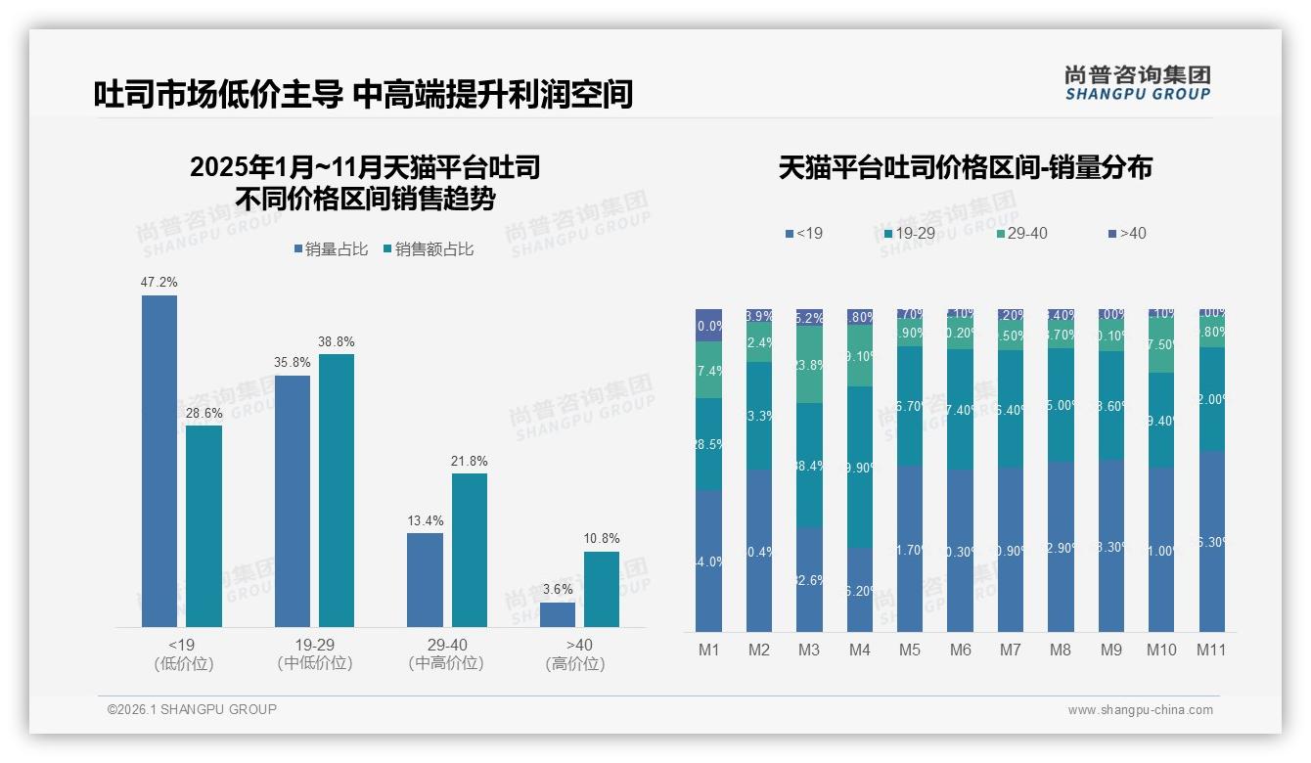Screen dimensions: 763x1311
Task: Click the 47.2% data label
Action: (x=159, y=283)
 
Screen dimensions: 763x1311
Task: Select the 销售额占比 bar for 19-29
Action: (x=337, y=490)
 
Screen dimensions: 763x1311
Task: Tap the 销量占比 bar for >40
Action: (x=558, y=614)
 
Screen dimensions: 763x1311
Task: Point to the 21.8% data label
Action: (x=470, y=461)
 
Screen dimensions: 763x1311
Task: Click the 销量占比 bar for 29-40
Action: (x=425, y=579)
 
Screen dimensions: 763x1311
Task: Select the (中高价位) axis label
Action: (x=447, y=663)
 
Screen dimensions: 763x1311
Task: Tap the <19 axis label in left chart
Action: (x=183, y=645)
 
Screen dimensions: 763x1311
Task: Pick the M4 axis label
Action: (x=859, y=650)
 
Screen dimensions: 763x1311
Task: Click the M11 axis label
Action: (x=1211, y=650)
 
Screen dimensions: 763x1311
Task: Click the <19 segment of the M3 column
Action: (x=809, y=579)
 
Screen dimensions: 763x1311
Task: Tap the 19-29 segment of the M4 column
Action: (x=859, y=467)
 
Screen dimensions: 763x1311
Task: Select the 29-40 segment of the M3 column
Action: (x=809, y=364)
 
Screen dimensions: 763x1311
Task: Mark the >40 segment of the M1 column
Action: (x=709, y=325)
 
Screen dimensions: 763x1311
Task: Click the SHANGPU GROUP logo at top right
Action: (x=1137, y=83)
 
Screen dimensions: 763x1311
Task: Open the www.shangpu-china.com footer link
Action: (x=1140, y=710)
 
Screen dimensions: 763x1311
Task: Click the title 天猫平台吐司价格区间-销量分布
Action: (x=965, y=167)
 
